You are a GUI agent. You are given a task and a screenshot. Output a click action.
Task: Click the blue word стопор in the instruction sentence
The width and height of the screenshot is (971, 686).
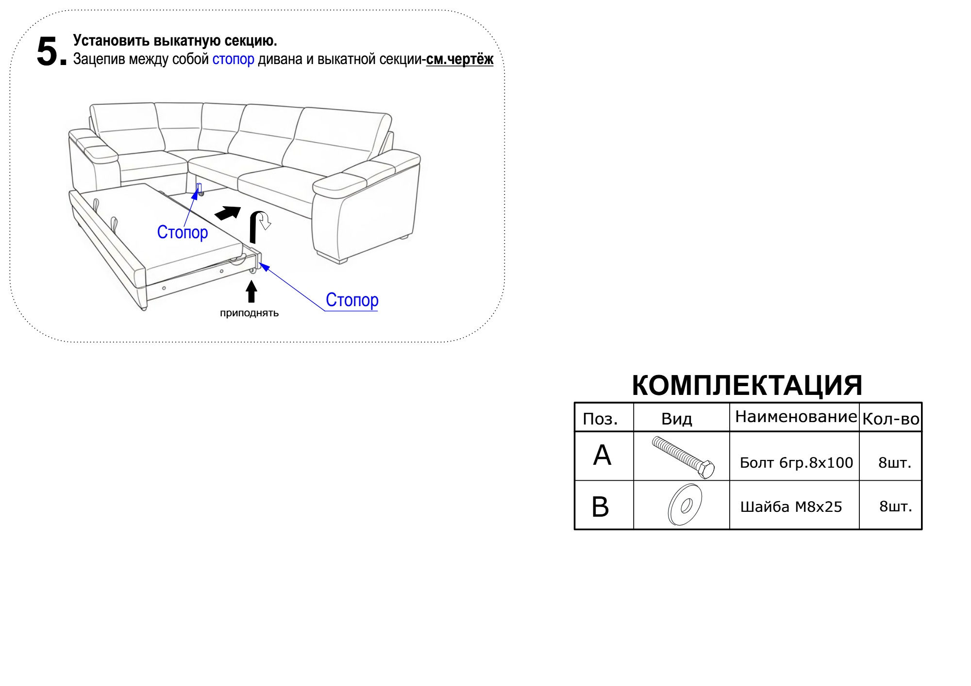pos(233,59)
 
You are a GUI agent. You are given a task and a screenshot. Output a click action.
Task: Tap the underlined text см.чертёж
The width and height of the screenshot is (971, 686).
pos(459,60)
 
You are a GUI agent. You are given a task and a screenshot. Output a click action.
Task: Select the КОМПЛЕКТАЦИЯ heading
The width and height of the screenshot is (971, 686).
pos(747,386)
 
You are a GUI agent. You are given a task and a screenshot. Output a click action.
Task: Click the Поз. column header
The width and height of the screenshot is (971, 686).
pos(600,419)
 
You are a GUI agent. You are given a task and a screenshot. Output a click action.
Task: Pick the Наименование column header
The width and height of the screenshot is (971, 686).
pos(796,417)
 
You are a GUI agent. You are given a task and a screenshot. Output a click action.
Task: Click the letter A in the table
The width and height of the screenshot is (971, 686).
pos(602,456)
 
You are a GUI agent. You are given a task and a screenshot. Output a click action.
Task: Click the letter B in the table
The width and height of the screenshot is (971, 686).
pos(601,507)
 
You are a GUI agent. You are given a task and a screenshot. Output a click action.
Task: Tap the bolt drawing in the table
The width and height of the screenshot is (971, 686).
pos(683,457)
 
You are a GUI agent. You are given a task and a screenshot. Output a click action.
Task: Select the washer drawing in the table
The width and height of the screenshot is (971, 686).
pos(685,505)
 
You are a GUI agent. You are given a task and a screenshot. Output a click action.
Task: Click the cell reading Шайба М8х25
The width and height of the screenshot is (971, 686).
pos(791,507)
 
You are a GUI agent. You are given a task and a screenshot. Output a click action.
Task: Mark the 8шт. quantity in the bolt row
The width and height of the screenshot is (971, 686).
pos(894,463)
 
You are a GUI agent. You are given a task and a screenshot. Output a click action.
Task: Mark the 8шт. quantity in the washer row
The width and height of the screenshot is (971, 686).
pos(895,506)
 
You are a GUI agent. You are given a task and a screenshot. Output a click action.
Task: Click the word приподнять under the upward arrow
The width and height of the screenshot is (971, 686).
pos(249,313)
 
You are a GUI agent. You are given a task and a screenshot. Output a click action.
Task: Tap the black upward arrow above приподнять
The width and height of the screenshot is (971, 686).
pos(251,292)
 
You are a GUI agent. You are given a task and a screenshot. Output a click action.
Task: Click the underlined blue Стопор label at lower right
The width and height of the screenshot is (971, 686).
pos(352,300)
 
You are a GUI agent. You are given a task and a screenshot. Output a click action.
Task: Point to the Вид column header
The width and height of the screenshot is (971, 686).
pos(676,419)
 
